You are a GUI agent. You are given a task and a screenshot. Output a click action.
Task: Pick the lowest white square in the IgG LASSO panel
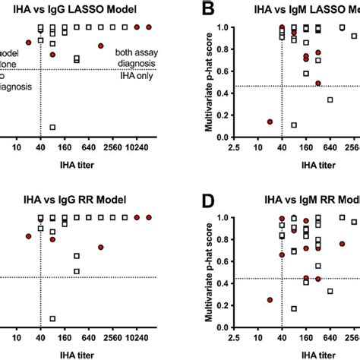[52, 128]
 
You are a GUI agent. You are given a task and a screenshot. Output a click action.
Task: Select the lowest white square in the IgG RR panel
[52, 319]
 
